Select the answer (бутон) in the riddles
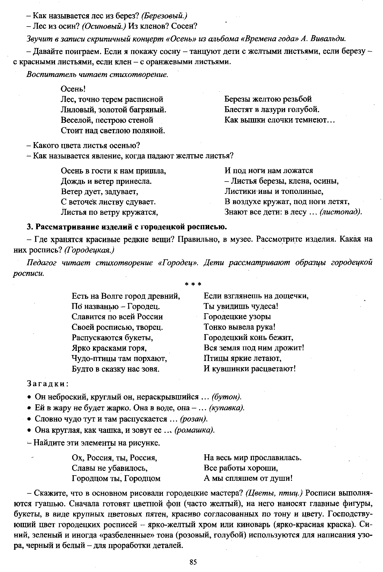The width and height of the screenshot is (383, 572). [x=227, y=397]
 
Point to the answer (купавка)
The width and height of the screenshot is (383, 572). [x=227, y=408]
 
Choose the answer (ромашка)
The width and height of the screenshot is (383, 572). [x=195, y=430]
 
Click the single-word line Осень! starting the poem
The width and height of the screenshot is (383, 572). [x=73, y=89]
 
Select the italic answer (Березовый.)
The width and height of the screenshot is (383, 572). [x=164, y=16]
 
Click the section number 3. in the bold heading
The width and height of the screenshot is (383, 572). [x=30, y=227]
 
